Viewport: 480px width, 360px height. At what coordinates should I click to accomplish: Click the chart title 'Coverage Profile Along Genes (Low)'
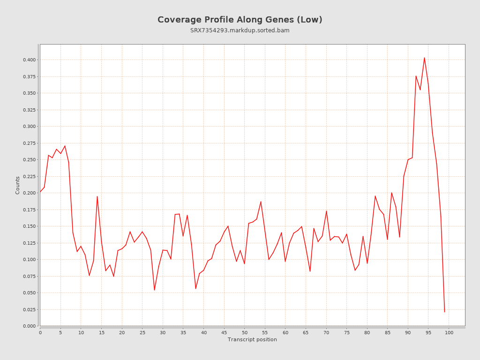[240, 20]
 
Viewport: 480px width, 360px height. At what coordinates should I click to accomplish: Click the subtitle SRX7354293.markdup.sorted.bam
[240, 30]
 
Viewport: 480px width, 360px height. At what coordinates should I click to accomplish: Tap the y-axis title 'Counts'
[18, 185]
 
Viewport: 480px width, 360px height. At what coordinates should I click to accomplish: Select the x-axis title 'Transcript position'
[252, 339]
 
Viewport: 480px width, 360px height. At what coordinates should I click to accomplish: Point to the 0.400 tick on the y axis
[29, 60]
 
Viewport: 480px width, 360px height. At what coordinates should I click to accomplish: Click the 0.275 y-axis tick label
[29, 143]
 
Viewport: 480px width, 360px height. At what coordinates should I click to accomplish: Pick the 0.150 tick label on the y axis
[29, 226]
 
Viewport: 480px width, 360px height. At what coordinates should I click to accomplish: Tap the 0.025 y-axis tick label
[29, 309]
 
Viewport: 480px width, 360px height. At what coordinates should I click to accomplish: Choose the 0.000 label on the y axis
[29, 326]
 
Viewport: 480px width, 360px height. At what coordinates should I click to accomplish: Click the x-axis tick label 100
[449, 333]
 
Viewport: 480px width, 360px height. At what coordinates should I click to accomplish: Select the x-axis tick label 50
[245, 333]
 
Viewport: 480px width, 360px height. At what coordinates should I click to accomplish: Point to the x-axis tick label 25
[142, 333]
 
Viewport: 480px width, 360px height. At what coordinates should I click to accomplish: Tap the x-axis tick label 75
[347, 333]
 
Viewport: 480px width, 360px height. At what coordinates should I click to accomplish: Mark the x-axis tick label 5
[60, 333]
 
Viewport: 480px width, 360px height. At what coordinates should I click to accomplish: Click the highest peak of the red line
[424, 58]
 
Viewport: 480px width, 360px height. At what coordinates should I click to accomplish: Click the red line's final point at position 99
[444, 312]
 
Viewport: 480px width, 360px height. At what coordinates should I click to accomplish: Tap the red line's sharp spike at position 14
[97, 196]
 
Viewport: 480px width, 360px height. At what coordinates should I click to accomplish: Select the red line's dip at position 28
[154, 290]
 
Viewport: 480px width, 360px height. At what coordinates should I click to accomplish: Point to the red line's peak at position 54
[261, 202]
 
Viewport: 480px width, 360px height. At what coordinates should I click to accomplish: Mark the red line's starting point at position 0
[40, 192]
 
